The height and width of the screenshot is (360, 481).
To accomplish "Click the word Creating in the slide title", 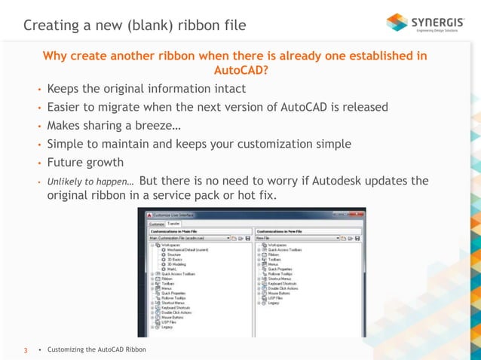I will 49,26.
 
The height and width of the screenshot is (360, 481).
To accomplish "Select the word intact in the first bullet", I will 225,89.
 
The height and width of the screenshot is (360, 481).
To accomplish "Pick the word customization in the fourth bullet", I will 288,143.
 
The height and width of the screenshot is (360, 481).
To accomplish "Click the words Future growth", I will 85,162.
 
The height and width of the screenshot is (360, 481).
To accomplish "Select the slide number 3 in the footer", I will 26,350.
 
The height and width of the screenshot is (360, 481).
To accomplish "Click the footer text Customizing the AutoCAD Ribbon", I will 97,350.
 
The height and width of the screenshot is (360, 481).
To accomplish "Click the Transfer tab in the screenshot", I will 173,223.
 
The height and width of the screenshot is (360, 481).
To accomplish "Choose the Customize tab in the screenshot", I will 155,223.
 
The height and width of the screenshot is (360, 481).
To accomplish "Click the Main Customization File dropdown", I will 188,237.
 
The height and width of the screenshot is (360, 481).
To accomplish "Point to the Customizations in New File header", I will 282,230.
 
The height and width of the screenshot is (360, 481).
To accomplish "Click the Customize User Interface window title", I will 169,215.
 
